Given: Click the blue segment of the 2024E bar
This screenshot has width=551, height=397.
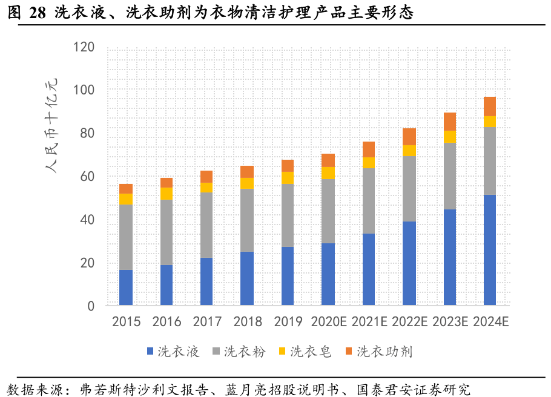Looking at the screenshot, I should [489, 249].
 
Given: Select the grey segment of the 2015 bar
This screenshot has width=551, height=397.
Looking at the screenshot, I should [126, 237].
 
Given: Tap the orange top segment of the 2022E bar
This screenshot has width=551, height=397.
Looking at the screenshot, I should [409, 137].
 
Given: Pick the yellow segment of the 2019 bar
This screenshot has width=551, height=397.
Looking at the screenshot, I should [288, 177].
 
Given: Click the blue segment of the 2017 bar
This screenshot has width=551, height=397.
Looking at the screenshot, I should [206, 281].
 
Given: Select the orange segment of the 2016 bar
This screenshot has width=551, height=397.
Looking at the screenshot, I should [167, 183].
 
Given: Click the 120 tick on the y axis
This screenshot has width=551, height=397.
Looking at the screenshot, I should [84, 47].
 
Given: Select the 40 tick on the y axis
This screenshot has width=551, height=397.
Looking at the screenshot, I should [87, 220].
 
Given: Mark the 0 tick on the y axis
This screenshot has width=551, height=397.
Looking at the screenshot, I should [91, 306].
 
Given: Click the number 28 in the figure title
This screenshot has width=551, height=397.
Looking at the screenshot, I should [37, 11].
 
